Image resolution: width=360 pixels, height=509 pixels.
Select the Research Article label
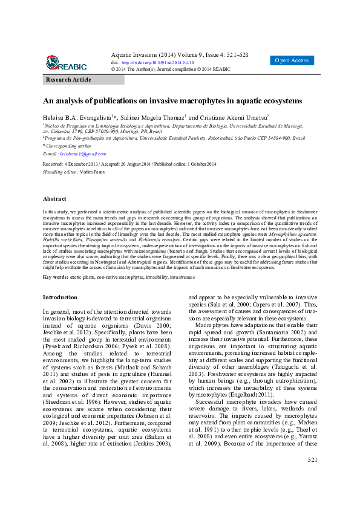[69, 80]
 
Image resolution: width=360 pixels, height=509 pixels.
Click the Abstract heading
[54, 198]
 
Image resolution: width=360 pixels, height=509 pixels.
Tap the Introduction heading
[60, 297]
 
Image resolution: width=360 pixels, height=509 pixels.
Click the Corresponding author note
[69, 146]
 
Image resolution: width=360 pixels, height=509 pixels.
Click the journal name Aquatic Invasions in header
[133, 54]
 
